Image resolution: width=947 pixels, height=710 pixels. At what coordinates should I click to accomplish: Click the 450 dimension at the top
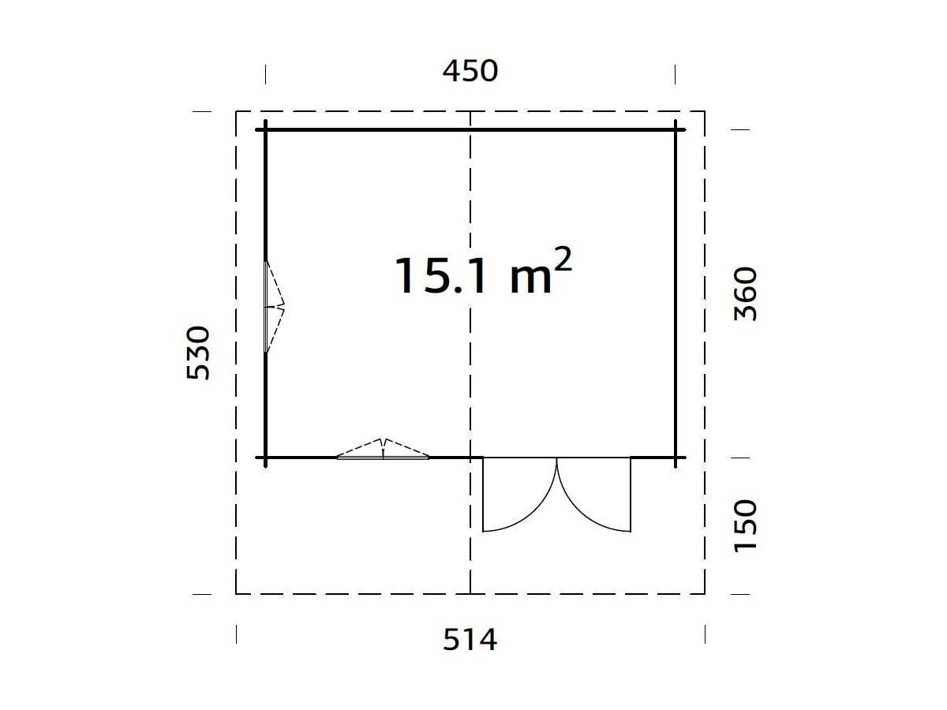[470, 71]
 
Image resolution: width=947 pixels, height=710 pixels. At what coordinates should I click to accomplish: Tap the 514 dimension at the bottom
[470, 640]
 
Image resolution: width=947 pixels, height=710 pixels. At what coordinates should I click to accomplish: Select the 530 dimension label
[198, 353]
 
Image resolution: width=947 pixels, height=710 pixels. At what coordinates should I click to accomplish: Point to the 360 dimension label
[745, 294]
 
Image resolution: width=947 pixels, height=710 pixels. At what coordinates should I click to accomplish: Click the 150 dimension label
[745, 526]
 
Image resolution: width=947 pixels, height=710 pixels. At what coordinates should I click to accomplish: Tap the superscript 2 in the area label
[563, 259]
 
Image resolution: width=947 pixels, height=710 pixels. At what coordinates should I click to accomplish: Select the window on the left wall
[274, 307]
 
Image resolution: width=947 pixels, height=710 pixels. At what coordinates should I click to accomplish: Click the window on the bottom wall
[383, 449]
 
